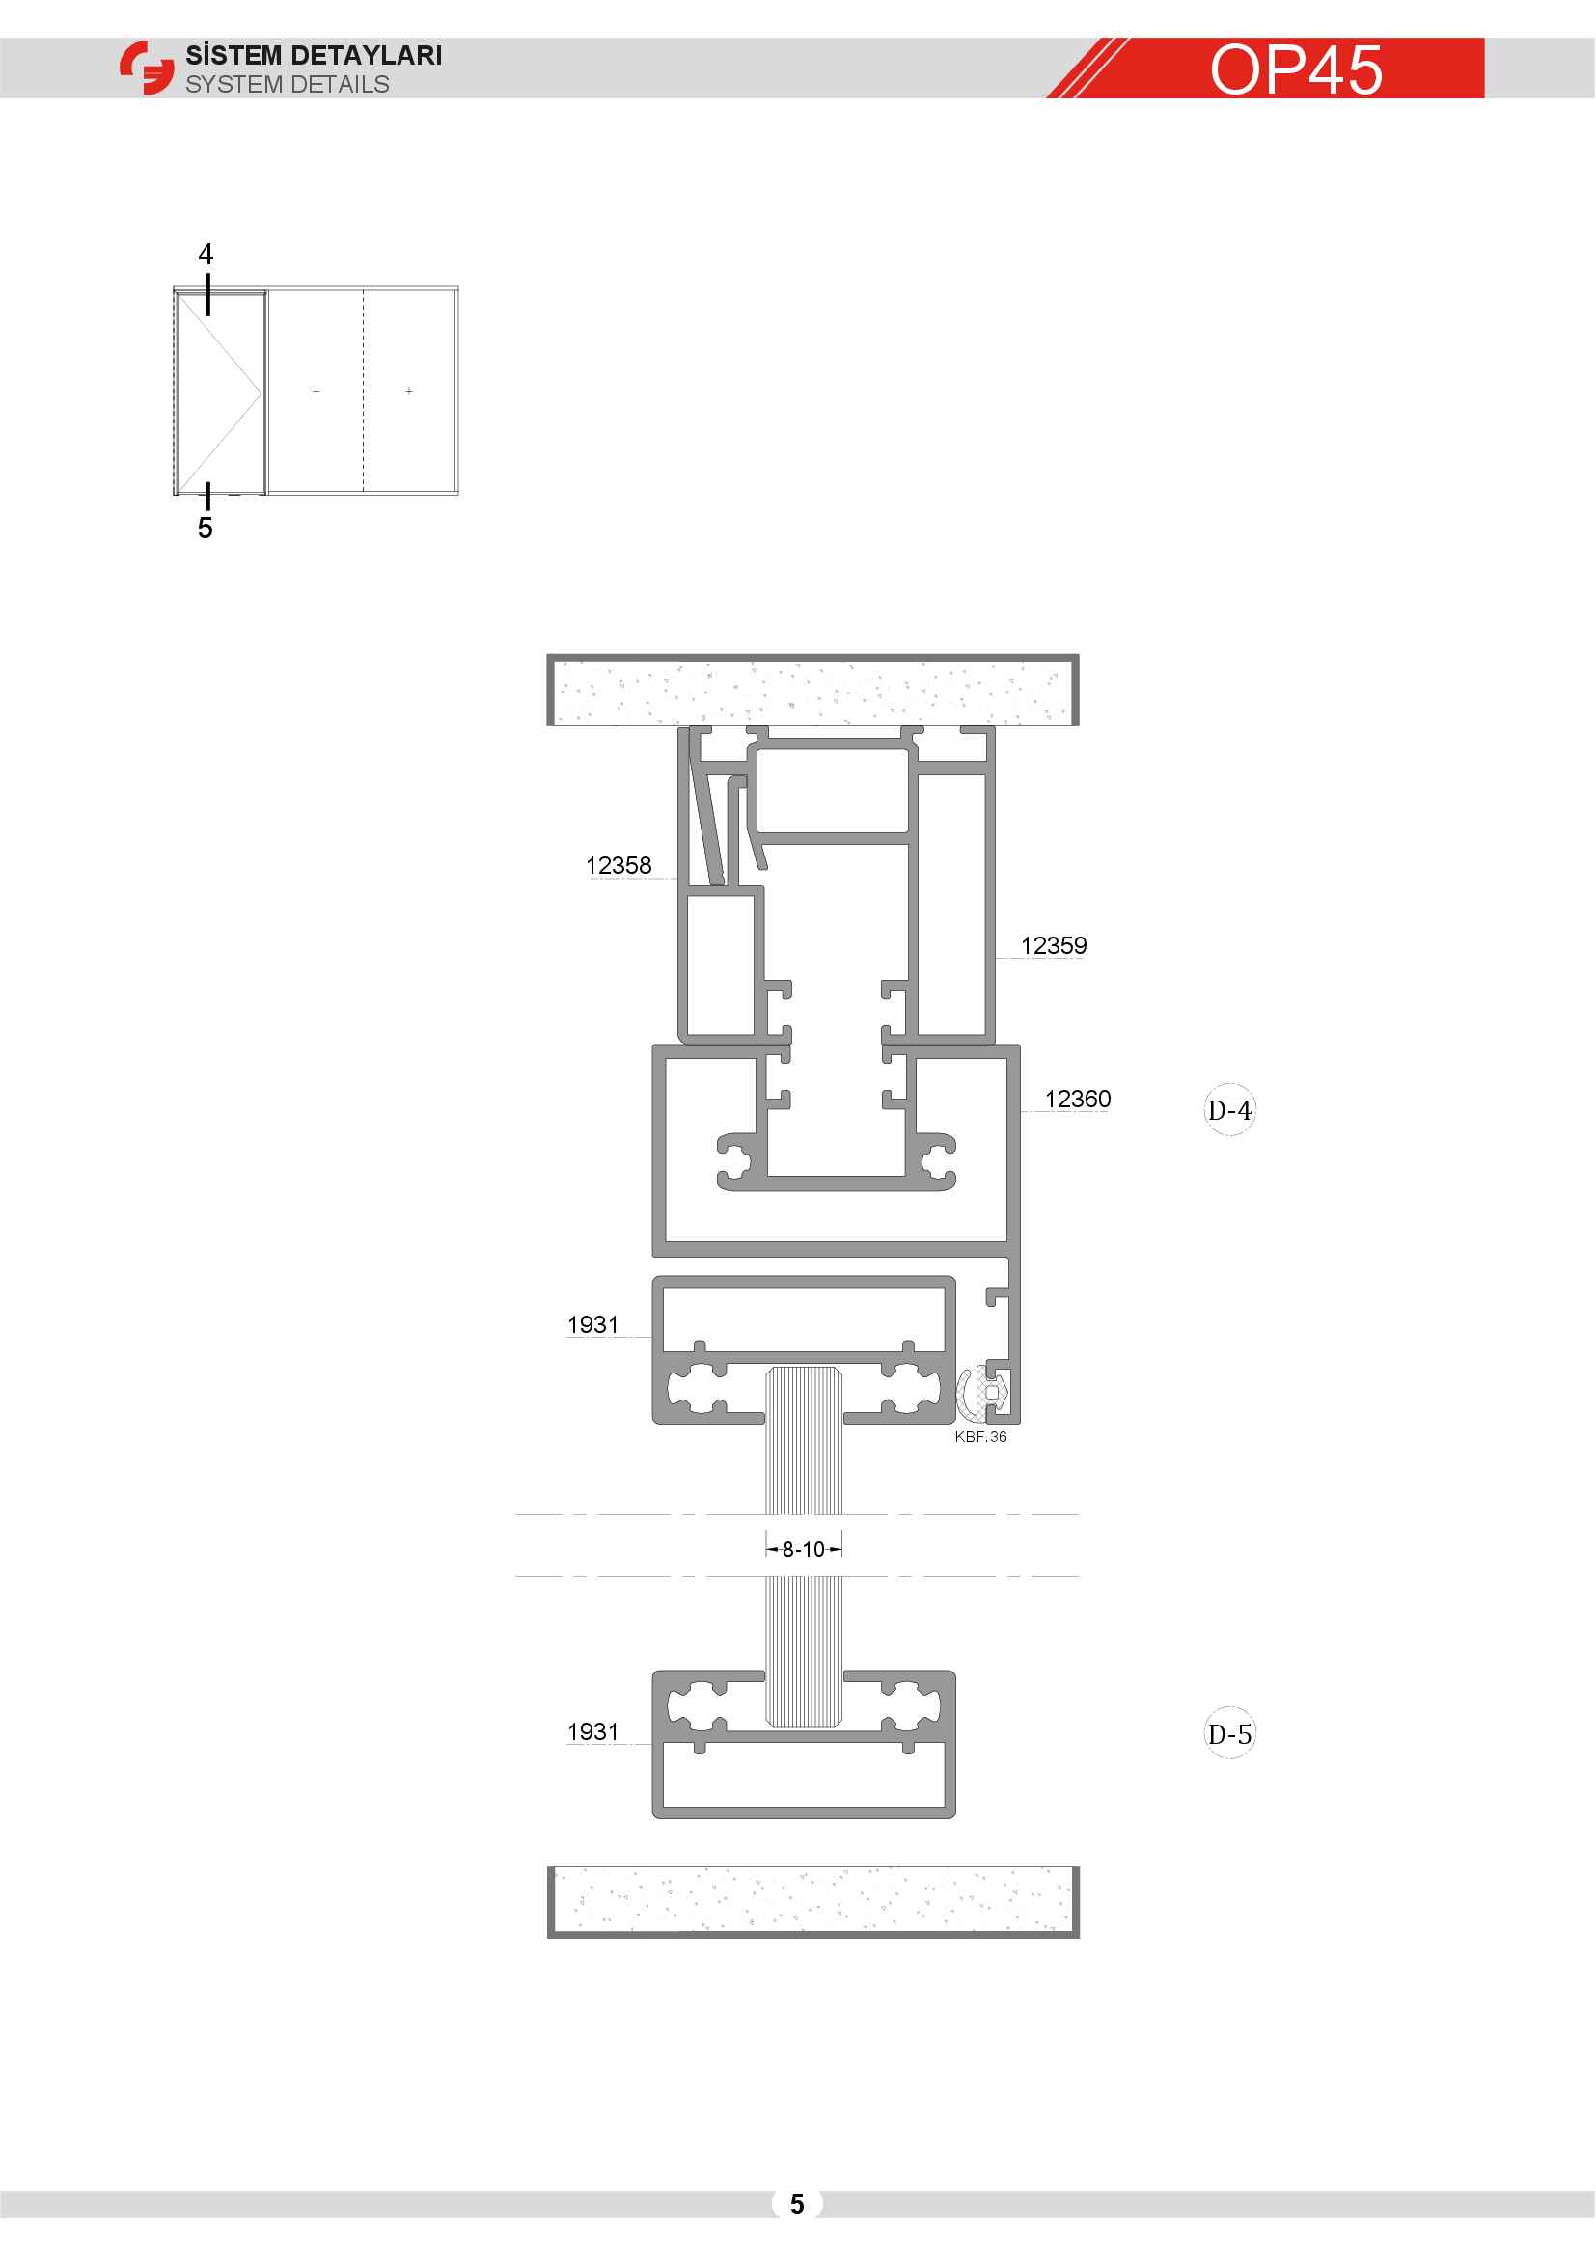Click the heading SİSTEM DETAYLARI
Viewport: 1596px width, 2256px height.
[x=314, y=55]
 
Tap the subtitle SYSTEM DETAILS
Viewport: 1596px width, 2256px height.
[x=287, y=85]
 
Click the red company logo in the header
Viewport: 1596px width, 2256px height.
[x=147, y=68]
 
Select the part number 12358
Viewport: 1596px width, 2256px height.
[x=619, y=865]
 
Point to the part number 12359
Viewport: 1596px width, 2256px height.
[x=1054, y=946]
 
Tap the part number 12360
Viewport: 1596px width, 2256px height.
[x=1077, y=1100]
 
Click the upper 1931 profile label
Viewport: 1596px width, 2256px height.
[x=592, y=1324]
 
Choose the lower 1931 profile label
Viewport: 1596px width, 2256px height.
[x=592, y=1731]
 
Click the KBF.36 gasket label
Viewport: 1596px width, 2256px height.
[x=980, y=1436]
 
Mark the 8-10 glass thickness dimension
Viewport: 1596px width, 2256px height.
[x=804, y=1550]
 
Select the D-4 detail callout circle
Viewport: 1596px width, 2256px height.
[x=1229, y=1110]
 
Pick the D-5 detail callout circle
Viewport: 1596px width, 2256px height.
[x=1229, y=1734]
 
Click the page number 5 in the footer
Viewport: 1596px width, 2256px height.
[x=797, y=2204]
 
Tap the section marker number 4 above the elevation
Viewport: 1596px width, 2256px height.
[x=206, y=255]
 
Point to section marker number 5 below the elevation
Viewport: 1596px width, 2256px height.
[x=205, y=528]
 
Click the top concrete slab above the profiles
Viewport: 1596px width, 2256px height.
[x=812, y=690]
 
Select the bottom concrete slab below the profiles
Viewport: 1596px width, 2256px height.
[x=812, y=1901]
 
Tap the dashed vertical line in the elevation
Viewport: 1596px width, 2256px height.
[x=364, y=390]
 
